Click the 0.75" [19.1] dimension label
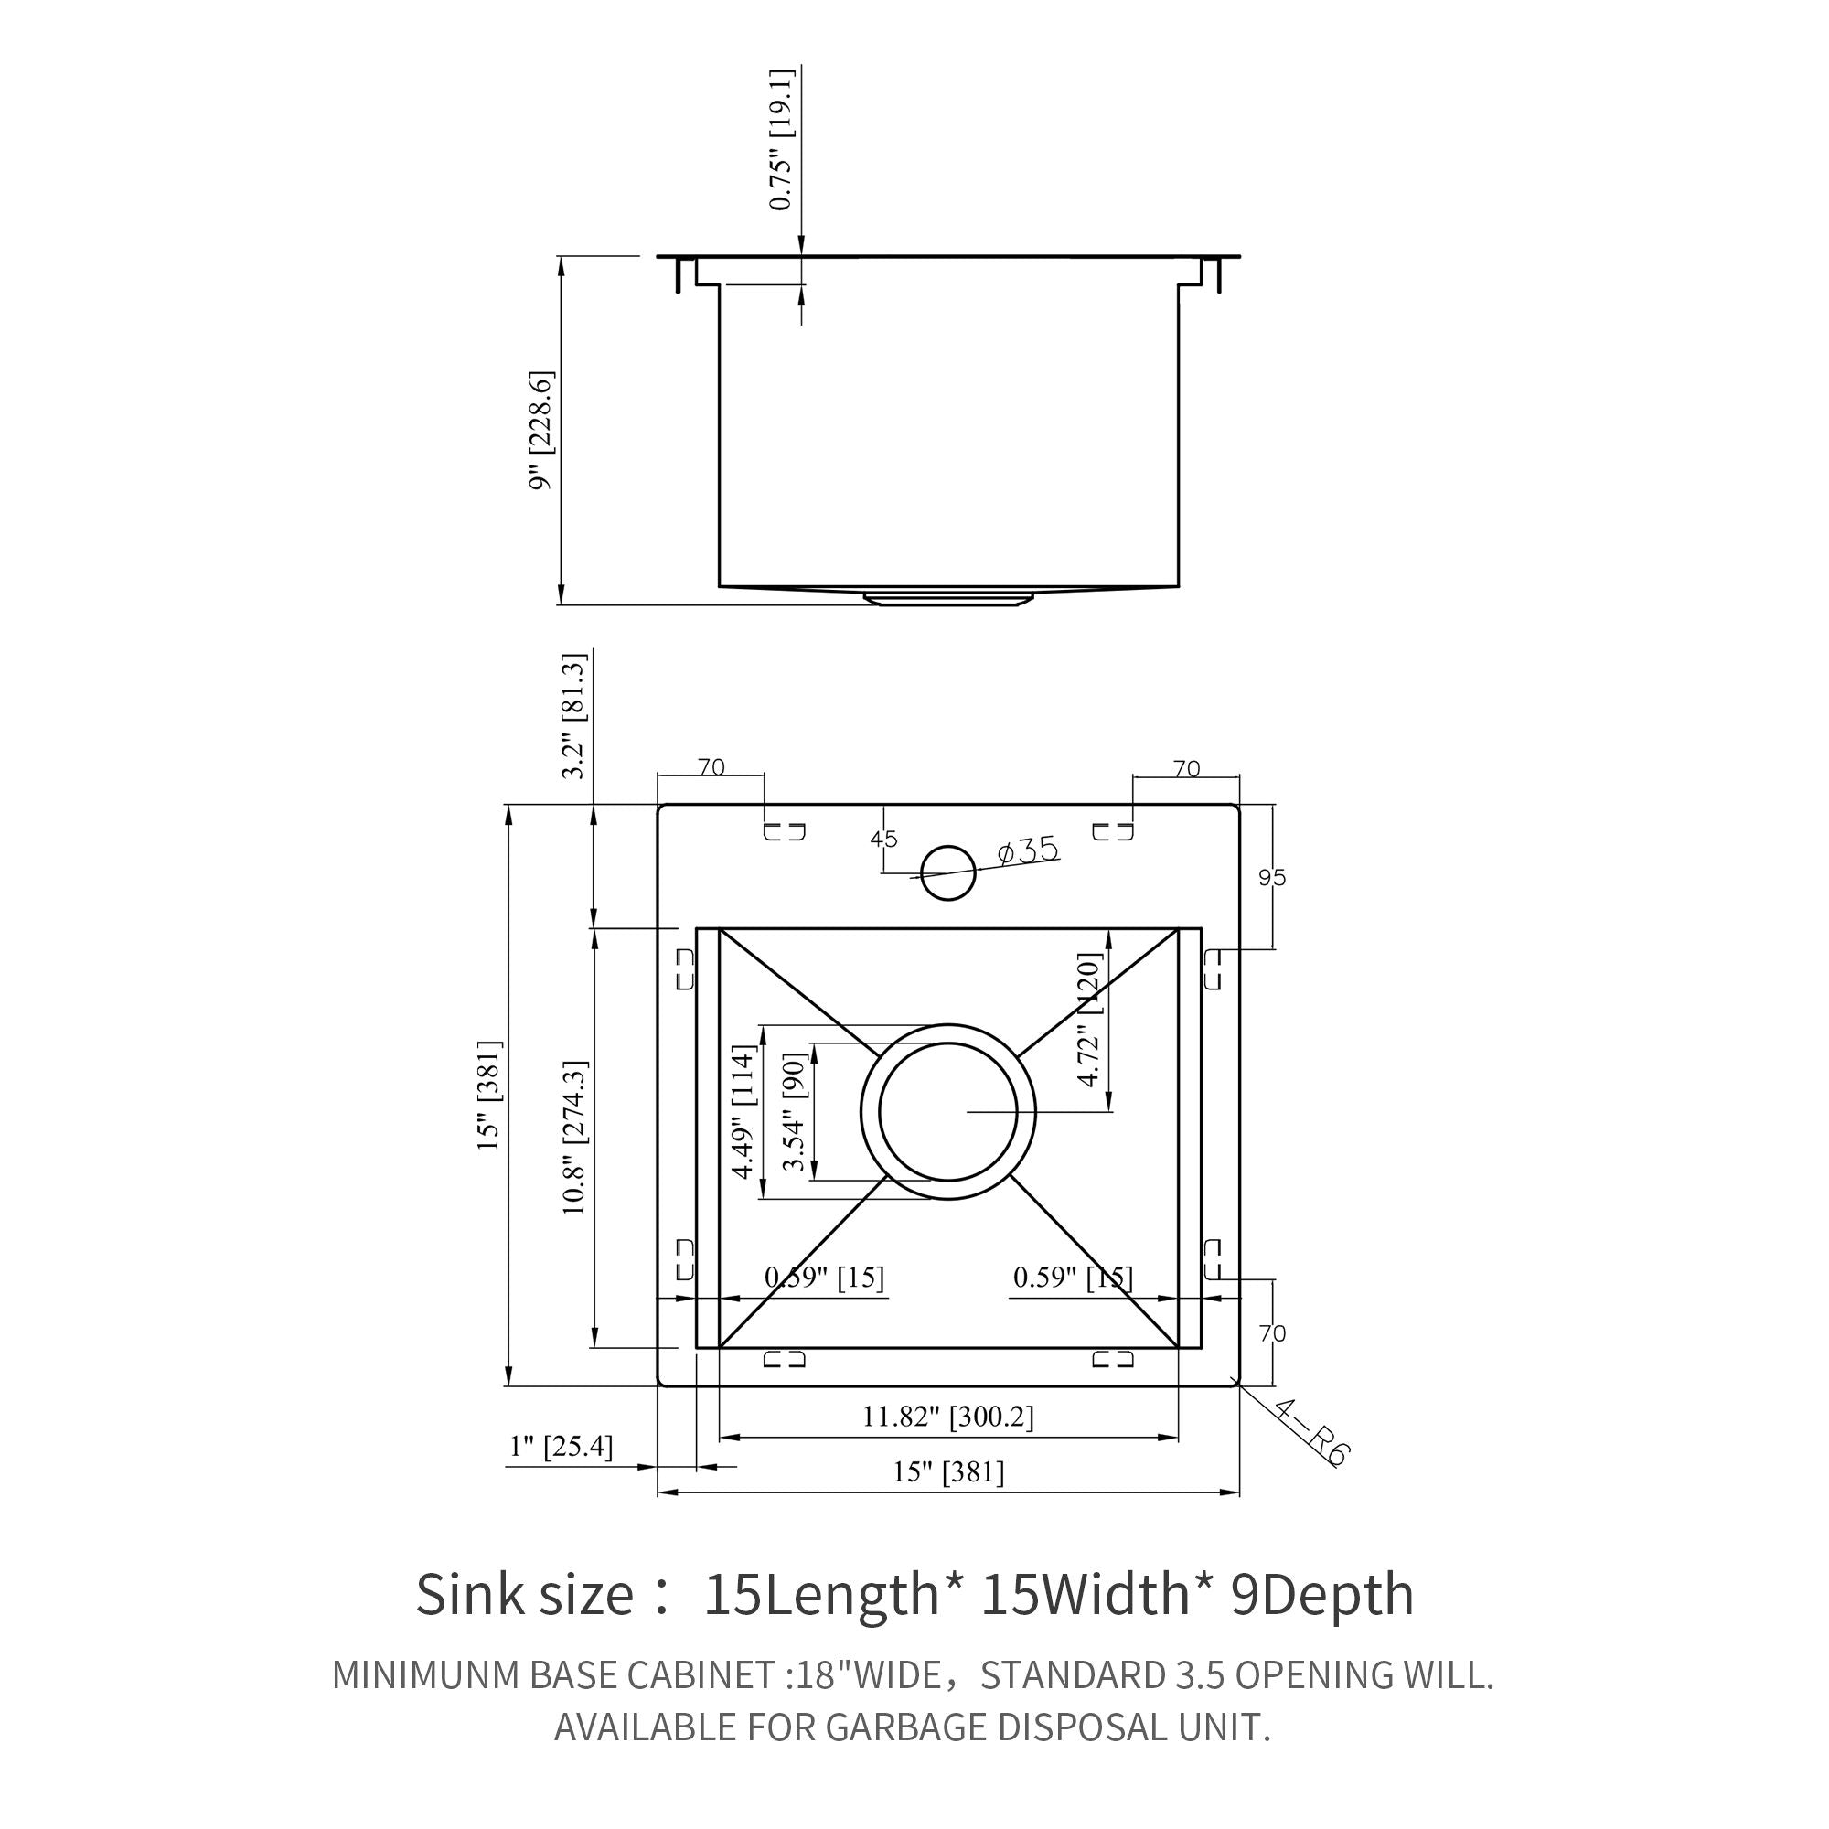pyautogui.click(x=781, y=139)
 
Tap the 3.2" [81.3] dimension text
pyautogui.click(x=573, y=717)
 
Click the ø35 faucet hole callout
pyautogui.click(x=1028, y=850)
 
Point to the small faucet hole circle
pyautogui.click(x=947, y=872)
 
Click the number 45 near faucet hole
pyautogui.click(x=883, y=840)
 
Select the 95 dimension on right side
pyautogui.click(x=1272, y=878)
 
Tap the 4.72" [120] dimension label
pyautogui.click(x=1090, y=1020)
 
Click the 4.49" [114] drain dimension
pyautogui.click(x=744, y=1111)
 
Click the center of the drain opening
pyautogui.click(x=947, y=1111)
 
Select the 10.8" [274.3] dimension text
pyautogui.click(x=574, y=1138)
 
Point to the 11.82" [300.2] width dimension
pyautogui.click(x=947, y=1417)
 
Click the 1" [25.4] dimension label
pyautogui.click(x=562, y=1447)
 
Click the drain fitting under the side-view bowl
pyautogui.click(x=947, y=597)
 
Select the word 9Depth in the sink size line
pyautogui.click(x=1321, y=1594)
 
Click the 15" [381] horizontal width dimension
pyautogui.click(x=947, y=1472)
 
